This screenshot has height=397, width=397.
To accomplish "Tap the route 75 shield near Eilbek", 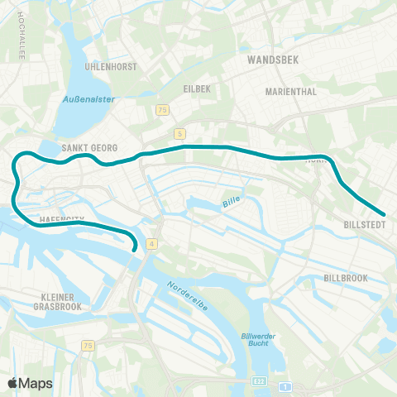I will [x=162, y=110].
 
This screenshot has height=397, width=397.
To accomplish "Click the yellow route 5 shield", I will [x=179, y=133].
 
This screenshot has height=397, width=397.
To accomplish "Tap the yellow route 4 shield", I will [x=152, y=243].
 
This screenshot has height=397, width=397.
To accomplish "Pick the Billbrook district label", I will [x=346, y=278].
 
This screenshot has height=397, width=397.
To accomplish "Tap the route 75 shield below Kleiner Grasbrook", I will [x=88, y=346].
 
